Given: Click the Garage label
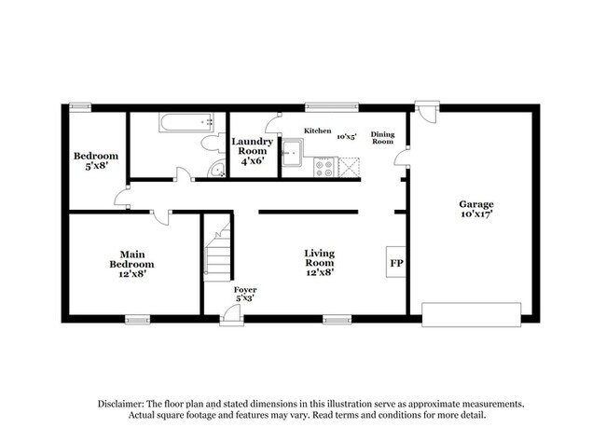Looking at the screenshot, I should [475, 210].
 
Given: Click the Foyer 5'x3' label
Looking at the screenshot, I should [245, 294].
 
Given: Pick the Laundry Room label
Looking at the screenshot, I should [253, 150].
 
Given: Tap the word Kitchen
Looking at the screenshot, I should [318, 131].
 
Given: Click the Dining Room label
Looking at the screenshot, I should [383, 137].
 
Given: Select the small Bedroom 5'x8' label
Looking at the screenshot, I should [96, 160].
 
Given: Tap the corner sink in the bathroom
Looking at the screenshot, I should [216, 169].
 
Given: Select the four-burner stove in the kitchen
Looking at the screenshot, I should [324, 167].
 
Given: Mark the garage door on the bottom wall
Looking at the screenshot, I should [475, 313].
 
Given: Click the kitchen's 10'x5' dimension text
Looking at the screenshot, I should [347, 136].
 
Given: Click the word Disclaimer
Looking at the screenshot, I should [125, 404].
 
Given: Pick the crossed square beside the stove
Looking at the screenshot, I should [349, 167].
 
